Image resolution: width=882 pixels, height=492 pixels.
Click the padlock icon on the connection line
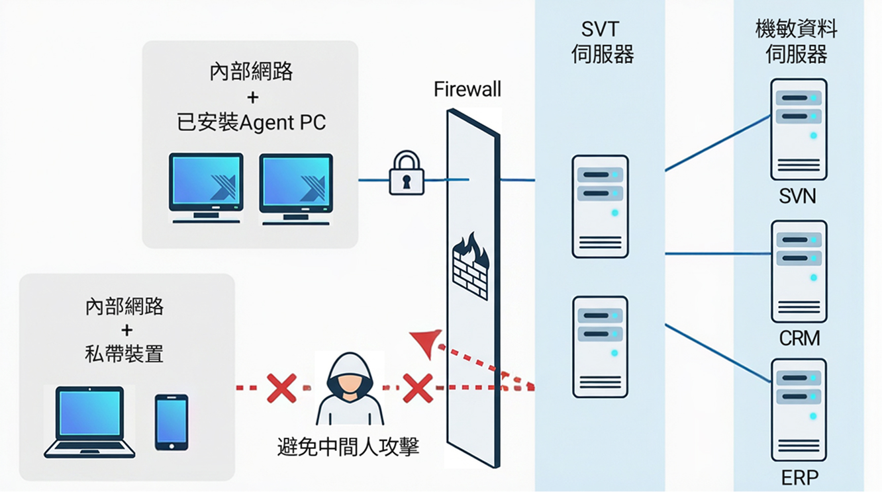[x=406, y=173]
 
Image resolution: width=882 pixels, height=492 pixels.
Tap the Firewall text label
[x=467, y=89]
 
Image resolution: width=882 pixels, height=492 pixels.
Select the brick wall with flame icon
[x=471, y=265]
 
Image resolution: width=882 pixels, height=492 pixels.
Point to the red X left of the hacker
[x=281, y=388]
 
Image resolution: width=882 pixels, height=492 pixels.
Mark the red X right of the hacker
[x=418, y=388]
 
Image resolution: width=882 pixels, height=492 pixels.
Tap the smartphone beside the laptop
[x=171, y=422]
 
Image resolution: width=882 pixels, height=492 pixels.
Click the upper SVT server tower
[x=600, y=206]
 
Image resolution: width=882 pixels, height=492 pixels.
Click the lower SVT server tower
[x=600, y=347]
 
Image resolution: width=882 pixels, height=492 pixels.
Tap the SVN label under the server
[x=798, y=196]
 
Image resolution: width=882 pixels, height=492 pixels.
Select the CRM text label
[x=799, y=339]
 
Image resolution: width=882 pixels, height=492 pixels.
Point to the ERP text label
[x=799, y=477]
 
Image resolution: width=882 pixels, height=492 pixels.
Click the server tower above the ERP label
[x=799, y=409]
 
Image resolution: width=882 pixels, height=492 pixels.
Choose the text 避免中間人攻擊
[x=348, y=448]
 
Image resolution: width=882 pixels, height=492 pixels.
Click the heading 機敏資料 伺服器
[x=797, y=41]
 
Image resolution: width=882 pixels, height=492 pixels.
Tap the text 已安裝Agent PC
[x=252, y=123]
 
